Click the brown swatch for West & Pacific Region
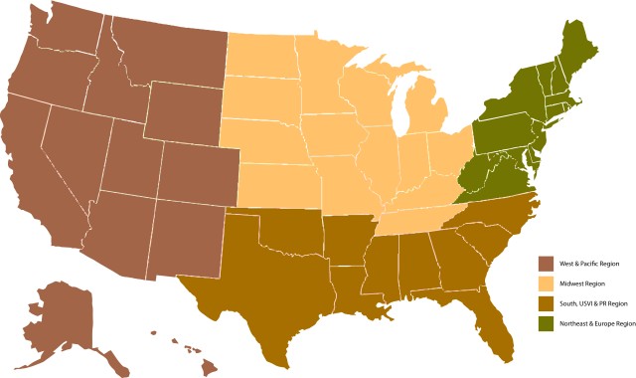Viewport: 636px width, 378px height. coord(546,264)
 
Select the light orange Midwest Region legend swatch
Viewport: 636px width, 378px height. coord(546,283)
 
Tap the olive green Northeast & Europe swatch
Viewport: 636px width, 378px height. coord(546,323)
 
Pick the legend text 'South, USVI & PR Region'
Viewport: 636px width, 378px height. coord(593,304)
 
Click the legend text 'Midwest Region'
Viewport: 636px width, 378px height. coord(581,284)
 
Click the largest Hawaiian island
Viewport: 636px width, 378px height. coord(210,368)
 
